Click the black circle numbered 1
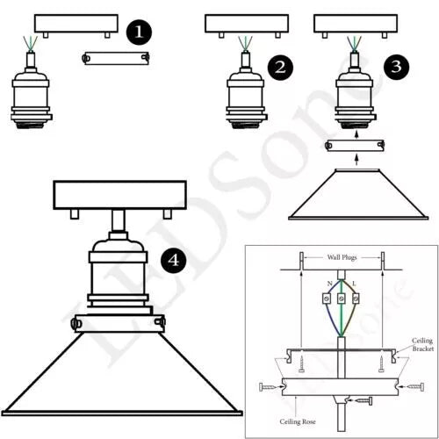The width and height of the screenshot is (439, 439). [x=139, y=32]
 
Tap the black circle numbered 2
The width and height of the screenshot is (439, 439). [x=280, y=68]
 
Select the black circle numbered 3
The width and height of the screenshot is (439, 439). [x=397, y=67]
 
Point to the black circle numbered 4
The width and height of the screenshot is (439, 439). [x=174, y=260]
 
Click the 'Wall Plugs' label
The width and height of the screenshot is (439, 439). [x=342, y=257]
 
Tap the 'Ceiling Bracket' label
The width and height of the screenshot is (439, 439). [x=422, y=344]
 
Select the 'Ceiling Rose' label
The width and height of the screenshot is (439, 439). [x=298, y=421]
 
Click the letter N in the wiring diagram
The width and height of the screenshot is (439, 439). [x=330, y=284]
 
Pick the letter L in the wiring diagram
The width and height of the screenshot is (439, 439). [x=354, y=284]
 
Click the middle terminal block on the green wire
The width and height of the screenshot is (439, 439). [x=341, y=299]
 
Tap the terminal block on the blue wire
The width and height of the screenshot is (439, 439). [x=327, y=299]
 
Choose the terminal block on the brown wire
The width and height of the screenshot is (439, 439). [x=356, y=299]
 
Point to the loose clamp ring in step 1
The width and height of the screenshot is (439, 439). [x=116, y=58]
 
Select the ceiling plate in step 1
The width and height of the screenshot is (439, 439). [x=76, y=24]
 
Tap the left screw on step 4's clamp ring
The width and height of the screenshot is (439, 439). [x=74, y=323]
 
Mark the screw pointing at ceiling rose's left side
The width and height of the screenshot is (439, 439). [x=268, y=387]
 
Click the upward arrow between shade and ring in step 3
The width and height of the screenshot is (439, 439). [x=356, y=160]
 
